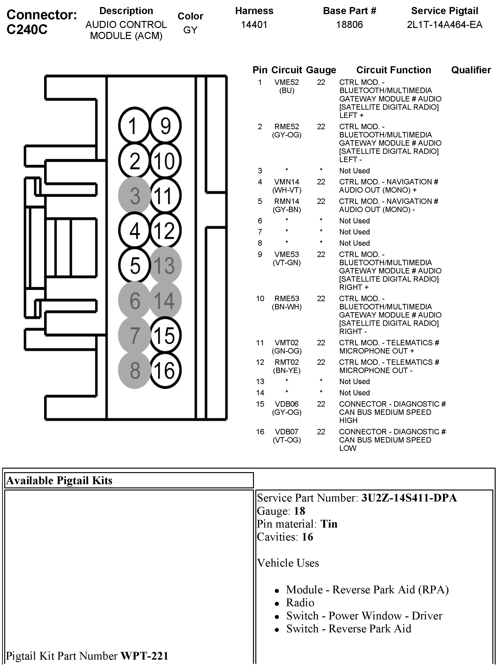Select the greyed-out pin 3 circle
(x=134, y=195)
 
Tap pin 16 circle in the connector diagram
(x=165, y=370)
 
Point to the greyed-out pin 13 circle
(x=165, y=265)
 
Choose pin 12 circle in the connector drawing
(x=165, y=231)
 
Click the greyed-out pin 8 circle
(x=134, y=370)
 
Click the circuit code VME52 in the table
(x=286, y=82)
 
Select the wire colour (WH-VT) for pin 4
(x=287, y=190)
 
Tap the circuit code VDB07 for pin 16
(x=286, y=432)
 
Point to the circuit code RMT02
(x=286, y=362)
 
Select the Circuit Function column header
(x=393, y=70)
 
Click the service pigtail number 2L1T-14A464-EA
(x=444, y=24)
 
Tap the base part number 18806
(x=349, y=24)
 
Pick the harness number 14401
(x=254, y=24)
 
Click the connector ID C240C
(x=27, y=29)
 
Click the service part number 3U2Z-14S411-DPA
(x=409, y=498)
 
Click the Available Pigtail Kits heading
(x=59, y=480)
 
